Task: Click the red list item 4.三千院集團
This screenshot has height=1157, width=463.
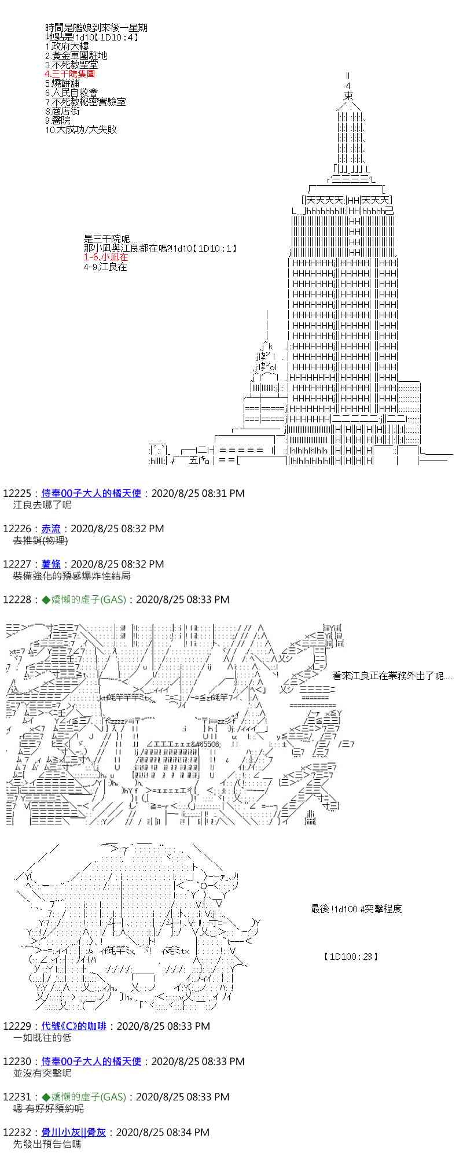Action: [x=69, y=74]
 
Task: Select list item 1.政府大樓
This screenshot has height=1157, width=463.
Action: [x=66, y=46]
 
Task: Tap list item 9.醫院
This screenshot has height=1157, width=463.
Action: [x=57, y=120]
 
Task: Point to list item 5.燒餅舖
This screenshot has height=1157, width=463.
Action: [x=62, y=83]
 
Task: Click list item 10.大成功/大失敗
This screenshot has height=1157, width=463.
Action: [x=80, y=130]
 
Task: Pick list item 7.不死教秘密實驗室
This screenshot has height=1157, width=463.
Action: [x=85, y=102]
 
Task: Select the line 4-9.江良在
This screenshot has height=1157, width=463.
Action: [x=105, y=267]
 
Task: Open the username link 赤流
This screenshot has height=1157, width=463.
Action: [x=51, y=529]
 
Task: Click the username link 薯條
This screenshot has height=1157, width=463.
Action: [x=51, y=564]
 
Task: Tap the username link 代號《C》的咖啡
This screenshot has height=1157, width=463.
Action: [x=74, y=1026]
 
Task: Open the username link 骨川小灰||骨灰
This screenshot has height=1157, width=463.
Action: [x=74, y=1132]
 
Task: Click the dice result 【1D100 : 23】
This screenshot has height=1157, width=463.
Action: [x=351, y=957]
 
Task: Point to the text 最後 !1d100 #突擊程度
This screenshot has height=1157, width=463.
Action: [x=356, y=909]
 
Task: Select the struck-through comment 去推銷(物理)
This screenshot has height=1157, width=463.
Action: [x=40, y=540]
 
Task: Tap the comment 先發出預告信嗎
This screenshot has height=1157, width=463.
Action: [x=47, y=1144]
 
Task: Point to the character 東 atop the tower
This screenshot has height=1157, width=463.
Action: [x=348, y=95]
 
